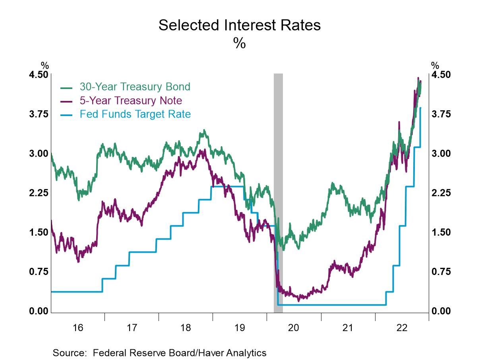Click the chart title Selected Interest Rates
(x=239, y=25)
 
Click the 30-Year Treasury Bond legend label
(x=135, y=87)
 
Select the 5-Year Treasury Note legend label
(x=131, y=100)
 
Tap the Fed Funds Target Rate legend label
(x=135, y=114)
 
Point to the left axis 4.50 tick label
(x=39, y=75)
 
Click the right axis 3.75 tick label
(x=441, y=114)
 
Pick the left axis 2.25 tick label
(x=39, y=193)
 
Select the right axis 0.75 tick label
(x=441, y=272)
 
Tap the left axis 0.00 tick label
(x=39, y=311)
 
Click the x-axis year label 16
(x=78, y=328)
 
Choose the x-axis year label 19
(x=239, y=328)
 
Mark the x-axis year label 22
(x=402, y=328)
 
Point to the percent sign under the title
(x=239, y=43)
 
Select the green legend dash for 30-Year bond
(x=66, y=87)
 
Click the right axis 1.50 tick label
(x=441, y=232)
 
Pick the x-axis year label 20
(x=294, y=328)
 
